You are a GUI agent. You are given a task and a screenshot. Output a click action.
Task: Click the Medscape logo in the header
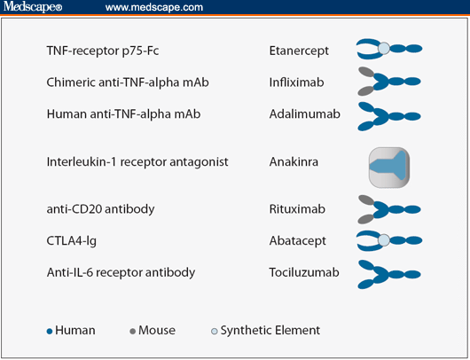pos(32,7)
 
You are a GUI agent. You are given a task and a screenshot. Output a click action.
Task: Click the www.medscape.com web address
pos(153,7)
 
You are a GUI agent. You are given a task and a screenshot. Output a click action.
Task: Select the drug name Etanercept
pos(298,51)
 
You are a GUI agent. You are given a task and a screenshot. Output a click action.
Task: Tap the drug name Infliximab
pos(295,82)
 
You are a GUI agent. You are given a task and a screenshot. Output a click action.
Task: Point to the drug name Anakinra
pos(294,162)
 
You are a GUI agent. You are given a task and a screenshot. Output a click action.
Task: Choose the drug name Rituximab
pos(297,209)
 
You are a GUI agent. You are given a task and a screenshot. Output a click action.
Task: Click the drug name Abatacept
pos(296,240)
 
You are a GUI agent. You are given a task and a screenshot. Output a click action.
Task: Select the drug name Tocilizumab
pos(302,272)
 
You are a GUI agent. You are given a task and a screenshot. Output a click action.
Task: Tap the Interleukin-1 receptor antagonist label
pos(137,162)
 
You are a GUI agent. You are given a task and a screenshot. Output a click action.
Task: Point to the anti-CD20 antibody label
pos(100,209)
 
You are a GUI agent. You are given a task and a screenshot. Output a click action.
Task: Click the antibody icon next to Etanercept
pos(388,50)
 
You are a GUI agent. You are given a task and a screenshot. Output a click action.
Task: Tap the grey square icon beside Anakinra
pos(388,167)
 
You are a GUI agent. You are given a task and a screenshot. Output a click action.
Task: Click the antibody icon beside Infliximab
pos(388,82)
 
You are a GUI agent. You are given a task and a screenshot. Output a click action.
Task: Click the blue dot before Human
pos(50,332)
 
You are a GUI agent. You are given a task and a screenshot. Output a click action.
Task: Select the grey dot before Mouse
pos(133,332)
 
